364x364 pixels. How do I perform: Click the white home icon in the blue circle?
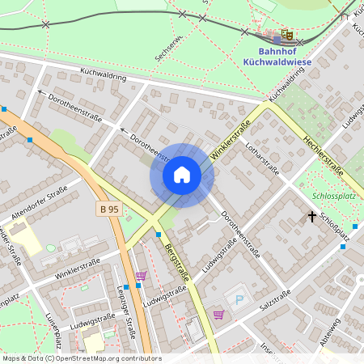(x=182, y=175)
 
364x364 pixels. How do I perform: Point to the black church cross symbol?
(x=311, y=216)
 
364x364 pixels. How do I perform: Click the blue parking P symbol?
(x=238, y=300)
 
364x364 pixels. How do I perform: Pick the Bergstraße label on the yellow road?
(x=179, y=263)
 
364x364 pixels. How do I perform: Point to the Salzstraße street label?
(x=274, y=310)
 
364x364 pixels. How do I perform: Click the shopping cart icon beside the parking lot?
(x=218, y=314)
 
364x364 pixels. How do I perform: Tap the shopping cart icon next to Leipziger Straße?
(x=141, y=276)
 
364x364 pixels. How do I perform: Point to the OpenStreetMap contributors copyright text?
(x=81, y=358)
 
